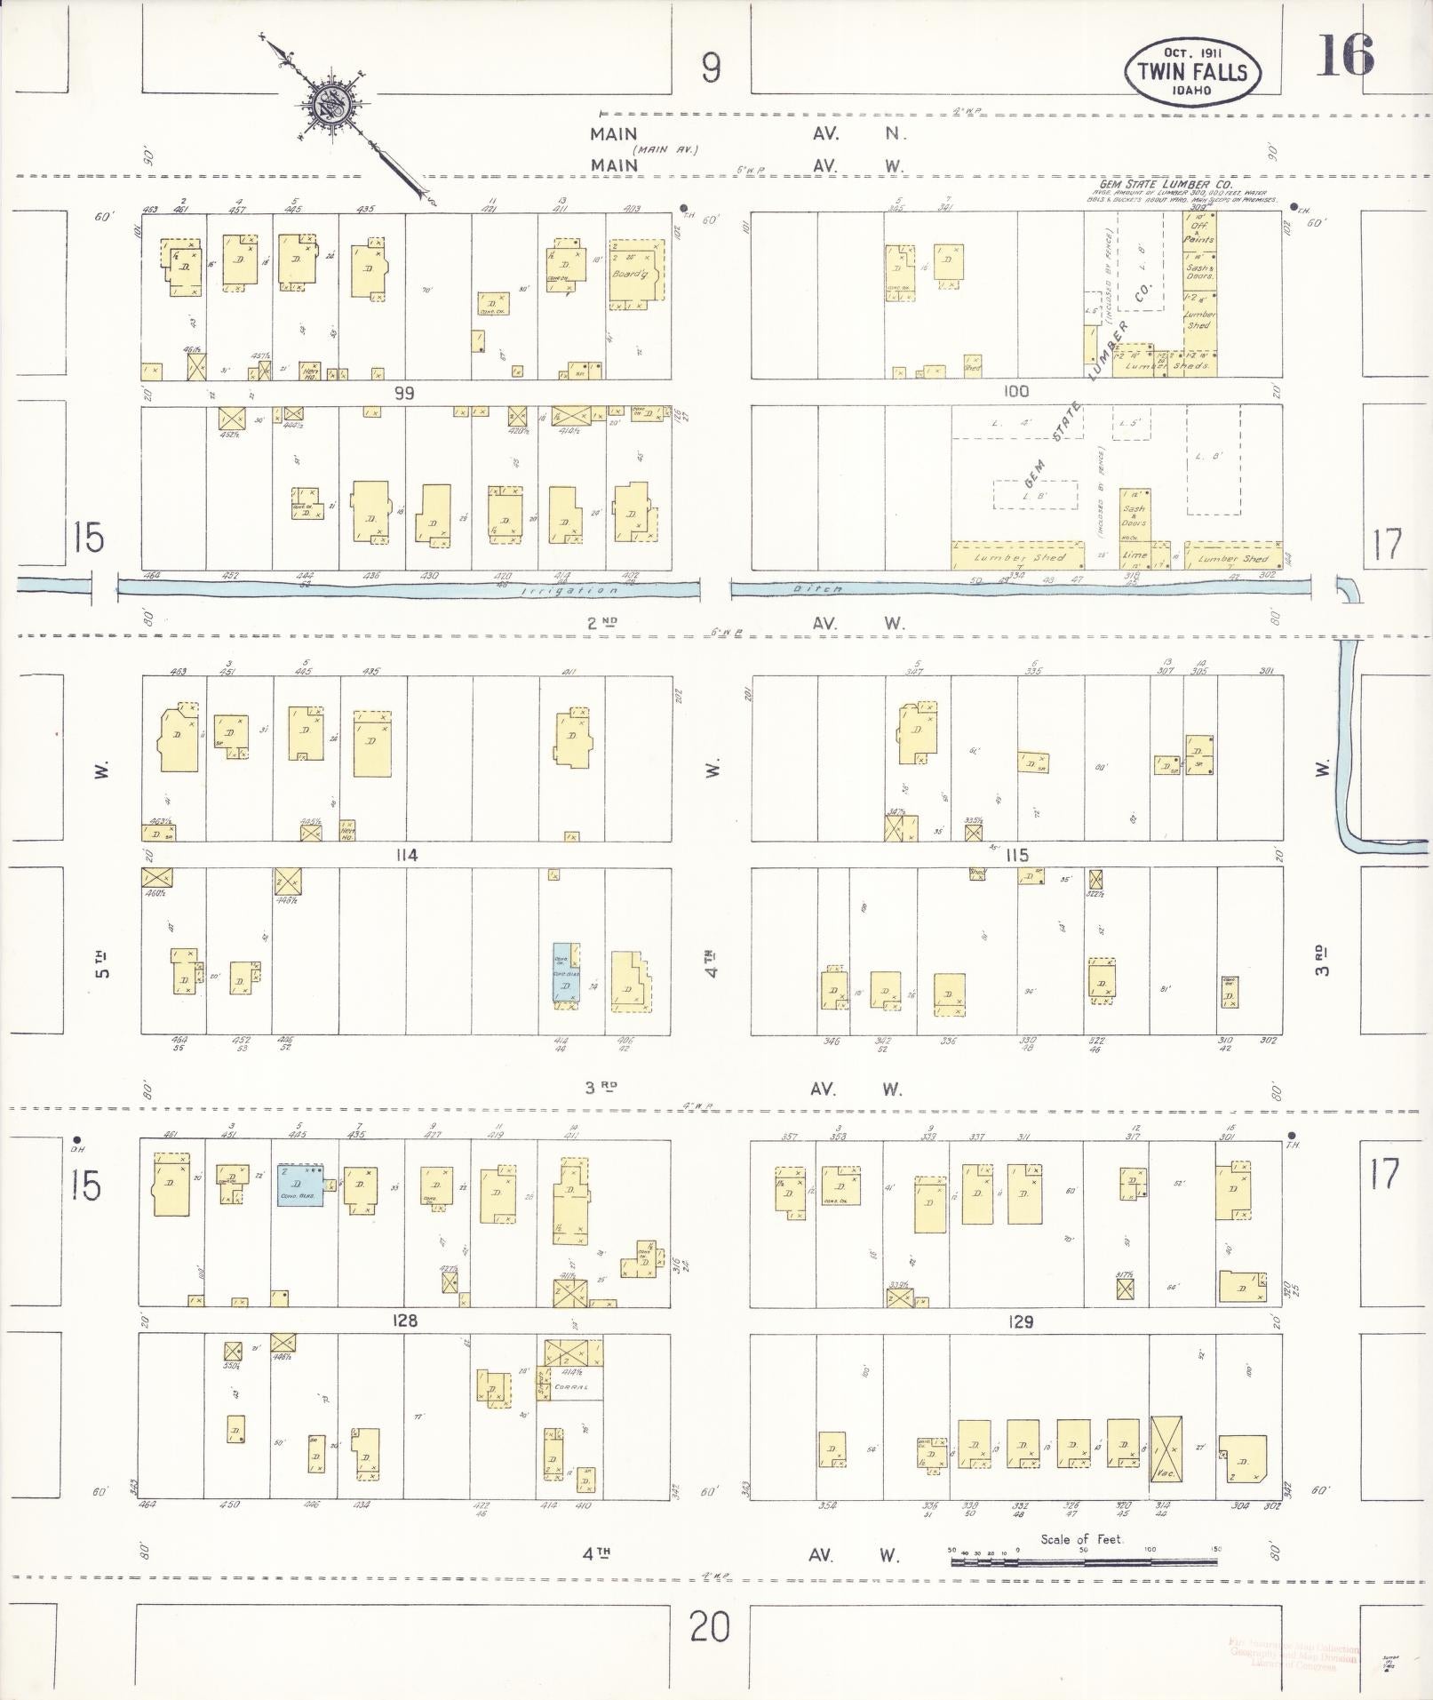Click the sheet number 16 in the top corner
[1346, 55]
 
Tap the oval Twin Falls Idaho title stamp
[1192, 71]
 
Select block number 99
[404, 393]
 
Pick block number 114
[407, 855]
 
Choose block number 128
[404, 1321]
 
